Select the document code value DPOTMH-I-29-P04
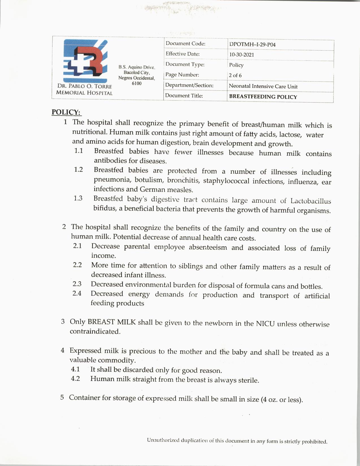click(252, 45)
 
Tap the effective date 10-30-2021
click(241, 55)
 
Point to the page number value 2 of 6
click(235, 75)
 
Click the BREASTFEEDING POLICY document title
click(263, 97)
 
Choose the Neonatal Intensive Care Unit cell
click(263, 86)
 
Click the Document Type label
click(185, 64)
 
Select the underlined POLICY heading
click(66, 112)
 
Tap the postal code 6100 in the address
click(137, 83)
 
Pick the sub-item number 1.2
click(78, 169)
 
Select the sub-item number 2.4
click(77, 293)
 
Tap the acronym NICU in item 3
click(265, 323)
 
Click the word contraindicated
click(95, 332)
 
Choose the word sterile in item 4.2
click(248, 380)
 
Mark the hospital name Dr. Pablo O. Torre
click(84, 86)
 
